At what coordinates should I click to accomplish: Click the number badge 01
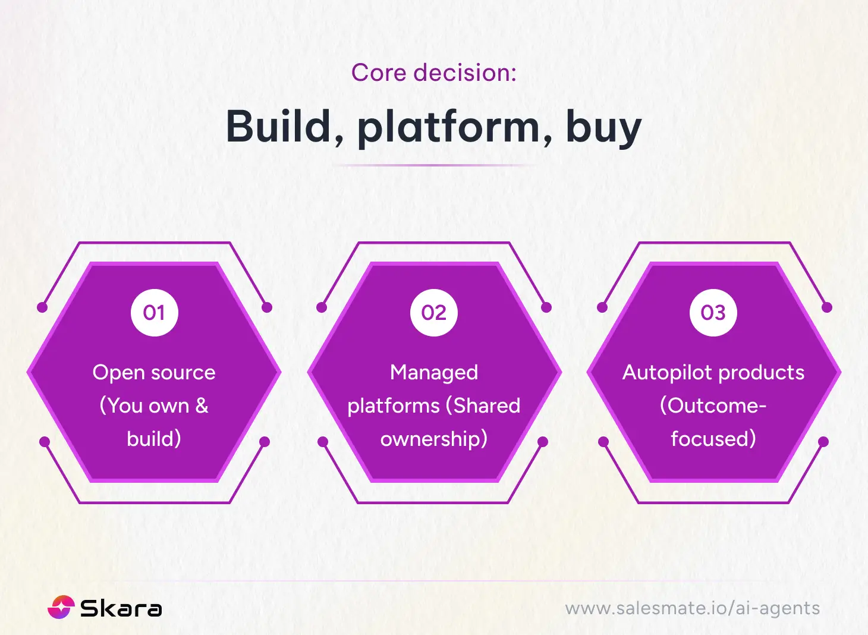point(155,313)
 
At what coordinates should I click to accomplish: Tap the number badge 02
point(434,313)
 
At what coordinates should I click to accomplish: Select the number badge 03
point(713,313)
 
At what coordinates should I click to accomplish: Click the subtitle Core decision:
point(433,73)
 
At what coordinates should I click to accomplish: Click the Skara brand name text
point(121,608)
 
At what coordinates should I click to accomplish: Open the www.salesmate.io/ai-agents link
point(692,608)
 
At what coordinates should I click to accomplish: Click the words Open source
point(154,372)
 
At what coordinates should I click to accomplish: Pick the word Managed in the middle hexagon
point(434,373)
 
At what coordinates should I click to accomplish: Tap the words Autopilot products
point(713,372)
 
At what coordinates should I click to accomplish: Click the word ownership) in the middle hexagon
point(434,439)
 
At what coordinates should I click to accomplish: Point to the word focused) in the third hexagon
point(713,439)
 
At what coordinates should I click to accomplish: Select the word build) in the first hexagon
point(154,439)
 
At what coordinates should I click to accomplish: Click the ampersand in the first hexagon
point(202,405)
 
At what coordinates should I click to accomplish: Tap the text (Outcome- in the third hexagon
point(713,405)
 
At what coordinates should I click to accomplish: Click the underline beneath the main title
point(434,165)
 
